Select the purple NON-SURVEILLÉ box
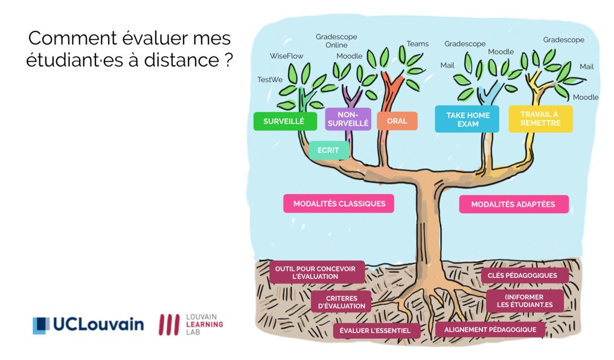click(x=348, y=119)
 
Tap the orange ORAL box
click(x=397, y=121)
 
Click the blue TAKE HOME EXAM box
click(x=467, y=119)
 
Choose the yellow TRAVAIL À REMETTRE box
click(x=540, y=119)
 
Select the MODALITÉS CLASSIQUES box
click(x=339, y=204)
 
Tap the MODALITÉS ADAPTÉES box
click(x=514, y=204)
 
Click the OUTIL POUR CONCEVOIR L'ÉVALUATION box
click(x=317, y=272)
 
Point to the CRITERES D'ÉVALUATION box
click(x=341, y=302)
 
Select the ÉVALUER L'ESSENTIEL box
click(x=375, y=330)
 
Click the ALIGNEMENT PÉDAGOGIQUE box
click(x=490, y=330)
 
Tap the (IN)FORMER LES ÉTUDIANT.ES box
click(x=525, y=301)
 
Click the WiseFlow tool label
click(x=286, y=56)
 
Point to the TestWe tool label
click(x=270, y=79)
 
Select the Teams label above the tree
click(x=417, y=43)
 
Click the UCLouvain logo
click(x=88, y=325)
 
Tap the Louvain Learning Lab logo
click(x=191, y=324)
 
